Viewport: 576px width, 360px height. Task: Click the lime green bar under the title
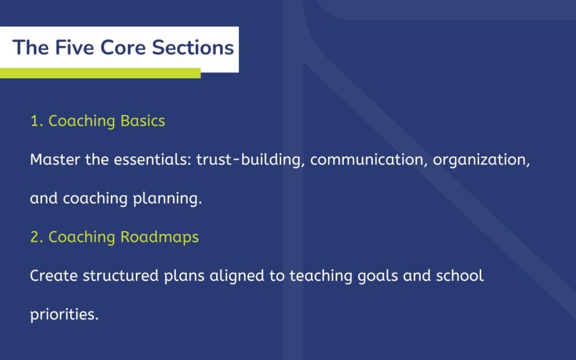click(100, 73)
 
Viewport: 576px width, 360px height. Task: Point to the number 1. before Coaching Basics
click(37, 121)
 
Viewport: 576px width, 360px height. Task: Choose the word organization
click(482, 160)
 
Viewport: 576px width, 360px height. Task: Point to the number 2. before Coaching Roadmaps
click(37, 237)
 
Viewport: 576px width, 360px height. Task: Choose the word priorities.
click(64, 315)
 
